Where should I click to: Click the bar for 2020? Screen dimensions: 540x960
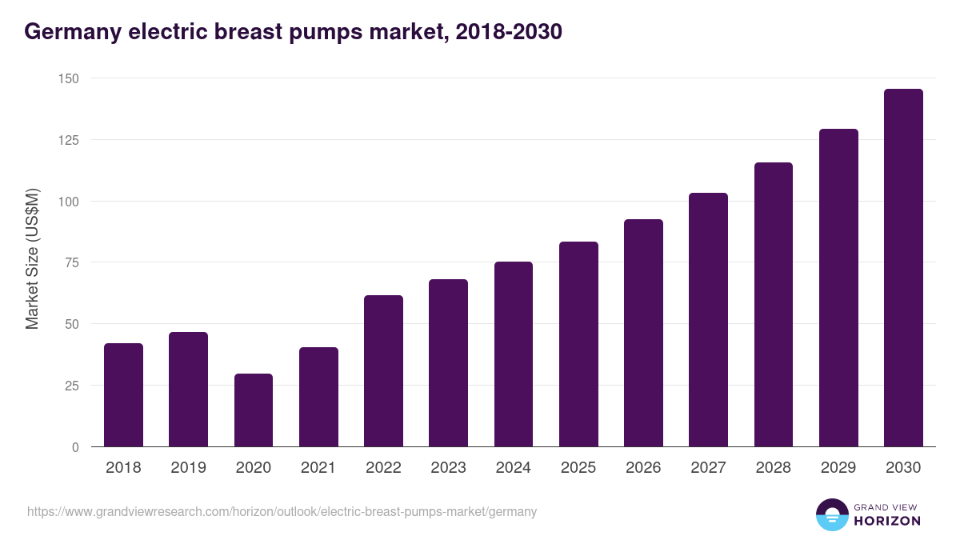point(254,410)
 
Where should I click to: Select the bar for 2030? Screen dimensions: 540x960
point(903,268)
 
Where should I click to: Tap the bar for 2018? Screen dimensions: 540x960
point(123,395)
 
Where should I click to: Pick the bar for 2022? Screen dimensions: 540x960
point(383,371)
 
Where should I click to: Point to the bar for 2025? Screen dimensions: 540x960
point(578,344)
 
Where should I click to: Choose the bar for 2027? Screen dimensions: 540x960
point(708,320)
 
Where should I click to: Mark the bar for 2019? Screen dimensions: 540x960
point(188,390)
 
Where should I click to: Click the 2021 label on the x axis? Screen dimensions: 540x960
point(318,468)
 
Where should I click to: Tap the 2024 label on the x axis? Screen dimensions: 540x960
point(513,468)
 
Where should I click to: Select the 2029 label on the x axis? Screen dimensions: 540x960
point(838,468)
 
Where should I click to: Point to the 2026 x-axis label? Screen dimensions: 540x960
point(643,468)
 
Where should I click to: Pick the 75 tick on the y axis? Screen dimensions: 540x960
point(71,262)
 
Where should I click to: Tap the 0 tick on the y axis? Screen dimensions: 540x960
point(75,447)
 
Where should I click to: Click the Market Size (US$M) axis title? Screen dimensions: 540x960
point(32,259)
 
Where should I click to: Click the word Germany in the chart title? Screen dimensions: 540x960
point(69,32)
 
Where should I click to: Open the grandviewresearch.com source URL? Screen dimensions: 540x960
point(282,511)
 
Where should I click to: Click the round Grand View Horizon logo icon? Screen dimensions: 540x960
point(831,514)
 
